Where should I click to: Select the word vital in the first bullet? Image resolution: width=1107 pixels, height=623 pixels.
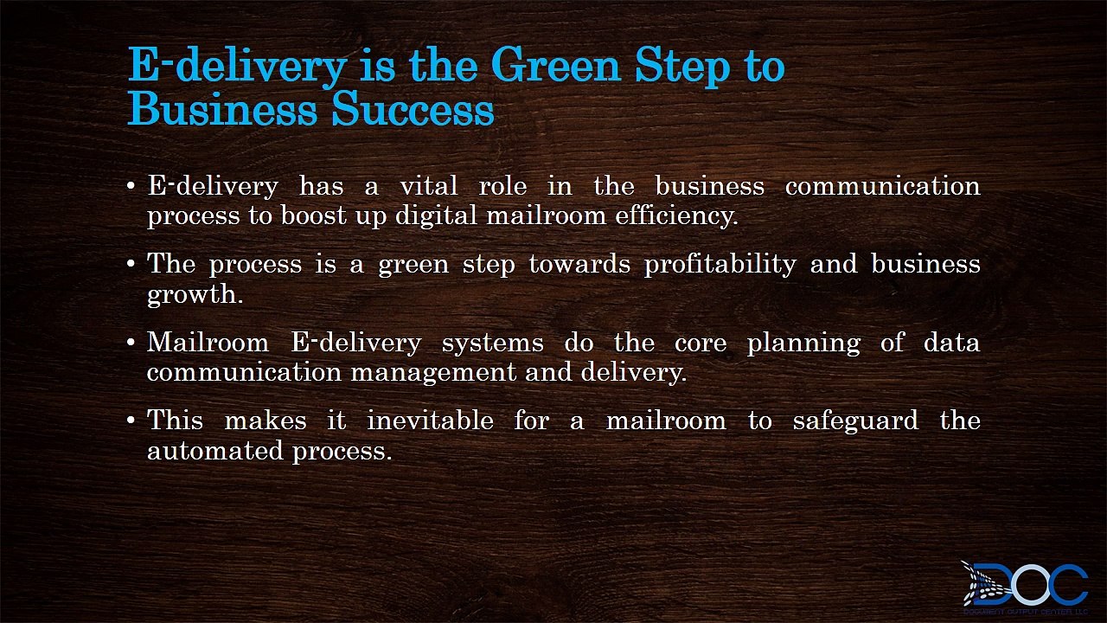tap(428, 186)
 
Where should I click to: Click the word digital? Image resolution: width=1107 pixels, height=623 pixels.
tap(435, 216)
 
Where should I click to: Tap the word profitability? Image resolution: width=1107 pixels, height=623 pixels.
tap(720, 264)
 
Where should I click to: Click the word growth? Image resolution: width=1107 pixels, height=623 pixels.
tap(194, 295)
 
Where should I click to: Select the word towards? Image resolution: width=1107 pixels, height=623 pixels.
tap(579, 264)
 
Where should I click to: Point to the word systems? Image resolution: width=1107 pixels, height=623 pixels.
tap(492, 343)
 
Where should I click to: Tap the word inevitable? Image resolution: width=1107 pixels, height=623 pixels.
tap(430, 421)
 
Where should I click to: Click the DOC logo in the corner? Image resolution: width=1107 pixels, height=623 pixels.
tap(1025, 586)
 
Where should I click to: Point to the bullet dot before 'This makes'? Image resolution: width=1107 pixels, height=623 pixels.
tap(131, 421)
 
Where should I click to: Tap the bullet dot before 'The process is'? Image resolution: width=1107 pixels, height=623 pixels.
tap(131, 265)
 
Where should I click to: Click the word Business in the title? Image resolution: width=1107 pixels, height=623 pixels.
tap(224, 111)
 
